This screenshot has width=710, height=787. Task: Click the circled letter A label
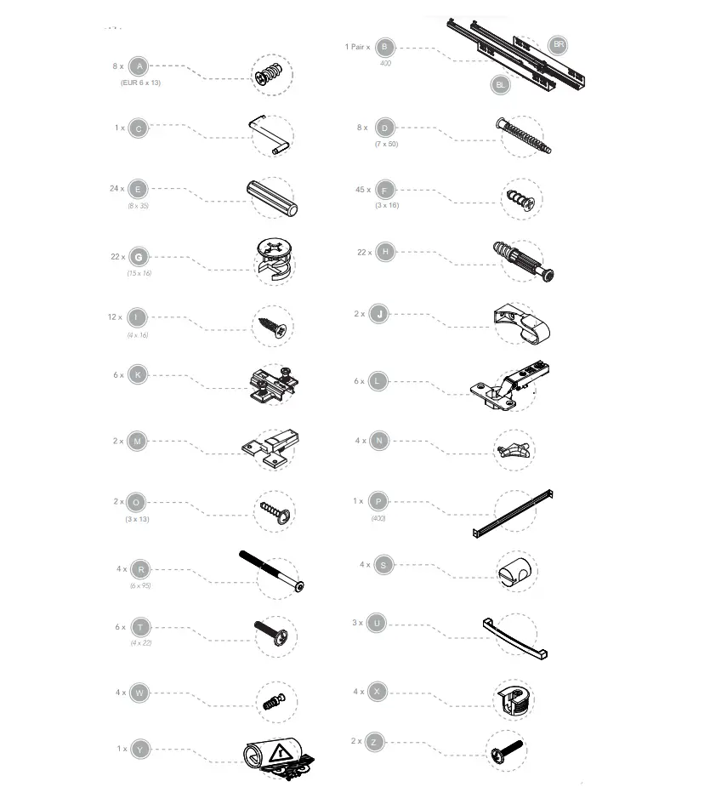pyautogui.click(x=139, y=66)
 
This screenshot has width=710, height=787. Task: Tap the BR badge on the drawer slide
pyautogui.click(x=558, y=44)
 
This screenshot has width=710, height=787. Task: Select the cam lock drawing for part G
pyautogui.click(x=274, y=259)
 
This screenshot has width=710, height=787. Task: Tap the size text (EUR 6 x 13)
pyautogui.click(x=140, y=83)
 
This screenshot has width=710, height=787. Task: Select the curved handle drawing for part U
pyautogui.click(x=515, y=638)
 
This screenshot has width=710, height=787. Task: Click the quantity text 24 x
pyautogui.click(x=116, y=188)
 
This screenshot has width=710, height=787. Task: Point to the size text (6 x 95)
pyautogui.click(x=140, y=586)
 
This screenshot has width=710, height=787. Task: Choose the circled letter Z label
pyautogui.click(x=374, y=742)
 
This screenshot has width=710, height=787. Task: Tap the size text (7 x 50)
pyautogui.click(x=386, y=144)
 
